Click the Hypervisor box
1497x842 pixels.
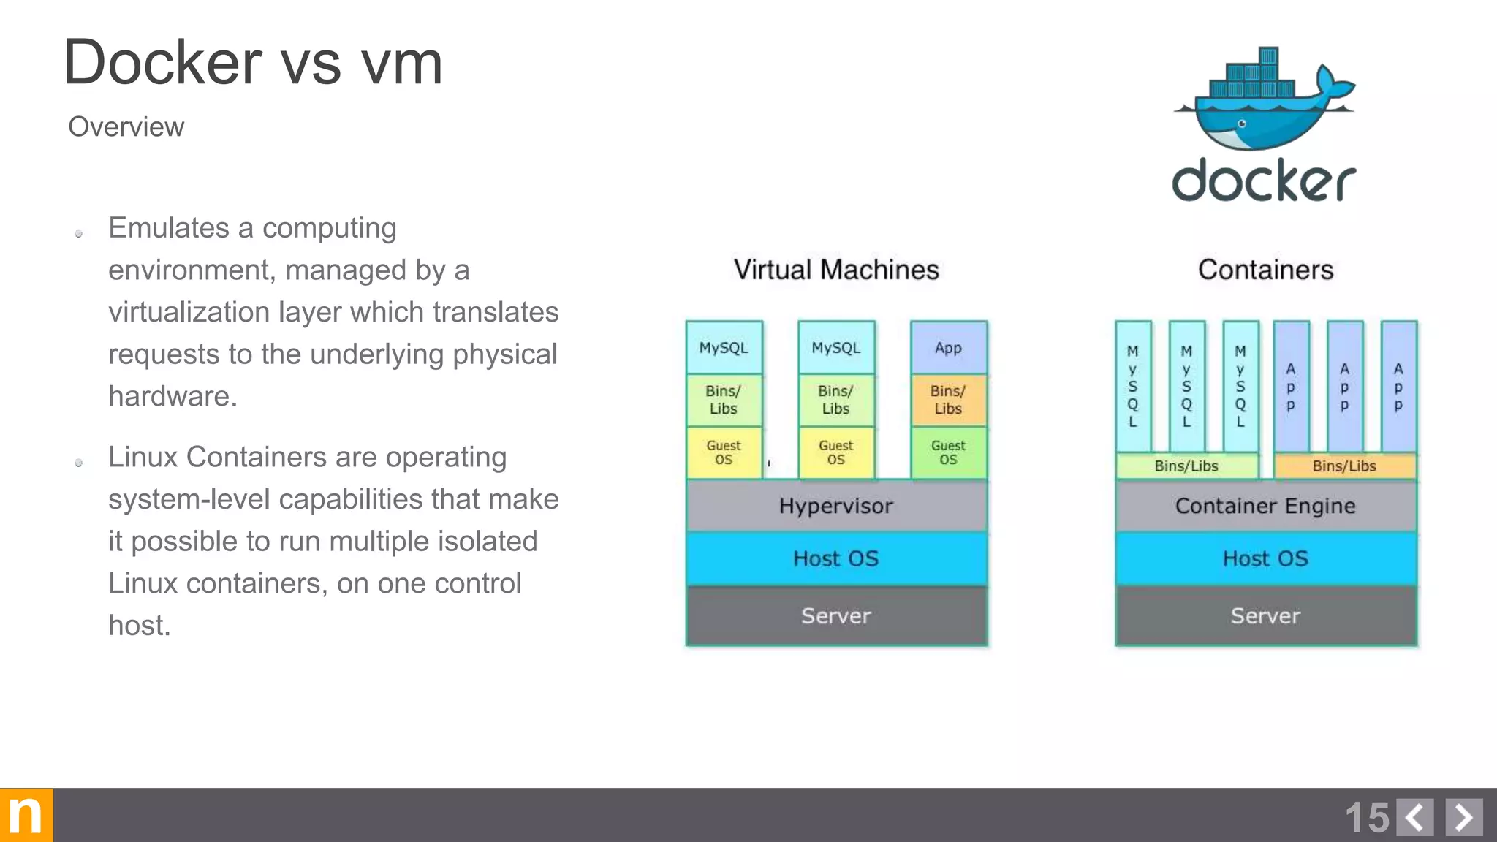pos(836,506)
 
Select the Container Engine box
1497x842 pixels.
pos(1265,506)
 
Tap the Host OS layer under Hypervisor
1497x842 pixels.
pos(836,559)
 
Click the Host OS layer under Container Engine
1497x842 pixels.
pos(1265,559)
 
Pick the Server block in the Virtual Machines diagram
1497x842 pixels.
pos(836,616)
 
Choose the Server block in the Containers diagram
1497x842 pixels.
pos(1265,616)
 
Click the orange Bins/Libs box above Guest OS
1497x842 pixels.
pos(948,400)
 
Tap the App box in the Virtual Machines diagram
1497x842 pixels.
pos(948,348)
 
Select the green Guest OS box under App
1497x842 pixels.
pos(948,452)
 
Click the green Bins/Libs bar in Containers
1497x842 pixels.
pos(1186,466)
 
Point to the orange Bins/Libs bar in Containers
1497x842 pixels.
pos(1344,466)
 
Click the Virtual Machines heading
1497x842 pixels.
pos(836,270)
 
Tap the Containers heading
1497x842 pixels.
pos(1265,270)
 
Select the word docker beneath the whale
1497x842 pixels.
pos(1264,181)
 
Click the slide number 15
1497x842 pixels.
pos(1367,817)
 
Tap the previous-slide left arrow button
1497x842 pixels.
pos(1415,817)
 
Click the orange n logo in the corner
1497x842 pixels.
pos(26,815)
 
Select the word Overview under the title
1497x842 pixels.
pos(126,127)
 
